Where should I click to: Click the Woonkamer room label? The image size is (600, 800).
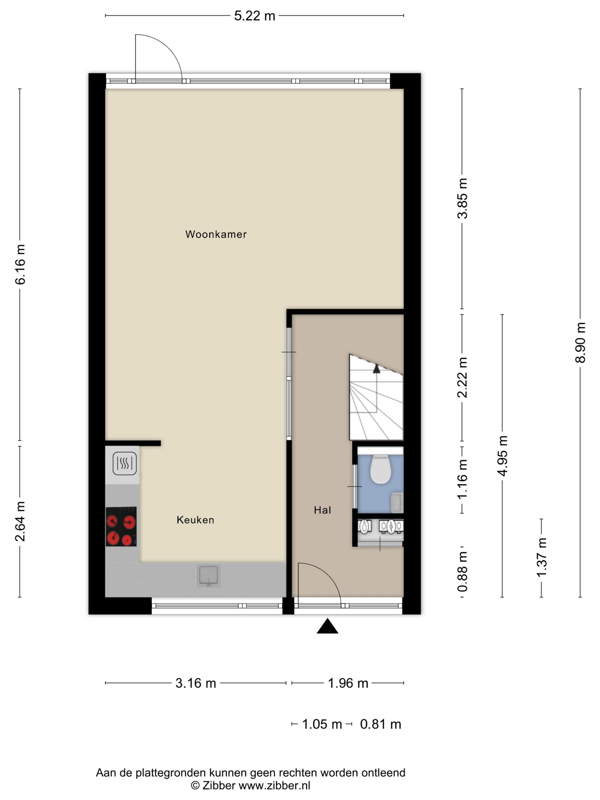[x=216, y=234]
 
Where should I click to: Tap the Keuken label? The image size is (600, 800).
[x=195, y=520]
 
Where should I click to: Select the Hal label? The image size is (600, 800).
[x=322, y=510]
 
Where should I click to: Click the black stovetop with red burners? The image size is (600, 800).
[x=121, y=527]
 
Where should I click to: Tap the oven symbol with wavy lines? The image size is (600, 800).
[x=124, y=464]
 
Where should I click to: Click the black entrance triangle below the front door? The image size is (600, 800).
[x=327, y=626]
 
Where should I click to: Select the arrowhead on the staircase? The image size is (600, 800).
[x=377, y=369]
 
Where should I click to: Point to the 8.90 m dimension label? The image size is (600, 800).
[x=580, y=342]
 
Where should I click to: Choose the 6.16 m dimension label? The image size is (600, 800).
[x=20, y=264]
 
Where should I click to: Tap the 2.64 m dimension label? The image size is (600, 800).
[x=20, y=521]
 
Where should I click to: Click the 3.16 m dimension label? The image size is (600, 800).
[x=196, y=683]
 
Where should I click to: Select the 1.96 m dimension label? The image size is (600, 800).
[x=348, y=683]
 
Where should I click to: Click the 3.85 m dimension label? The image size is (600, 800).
[x=463, y=198]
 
